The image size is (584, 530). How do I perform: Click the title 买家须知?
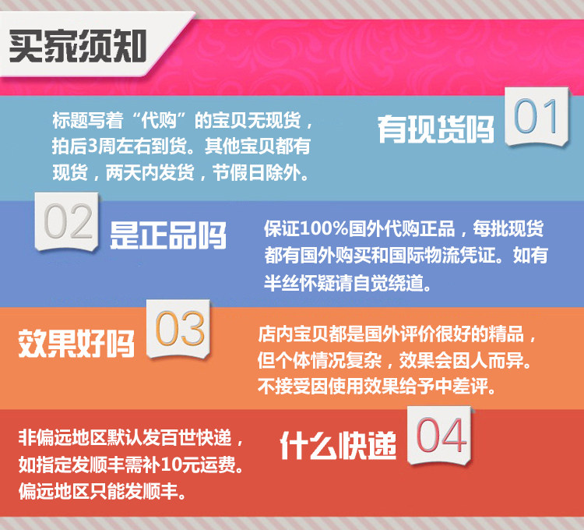pos(77,46)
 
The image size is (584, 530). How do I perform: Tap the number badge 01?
pos(537,116)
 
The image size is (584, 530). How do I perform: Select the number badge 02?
pos(67,222)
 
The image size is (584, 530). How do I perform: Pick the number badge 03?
pos(178,328)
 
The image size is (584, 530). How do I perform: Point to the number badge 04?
pos(440,435)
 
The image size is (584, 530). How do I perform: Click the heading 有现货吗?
pos(436,129)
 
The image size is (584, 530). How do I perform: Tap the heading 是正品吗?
pos(168,235)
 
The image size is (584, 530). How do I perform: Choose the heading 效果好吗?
pos(76,343)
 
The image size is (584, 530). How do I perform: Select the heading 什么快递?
pos(338,445)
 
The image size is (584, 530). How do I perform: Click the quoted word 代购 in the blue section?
pos(159,120)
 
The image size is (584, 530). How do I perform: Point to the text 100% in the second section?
pos(324,228)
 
